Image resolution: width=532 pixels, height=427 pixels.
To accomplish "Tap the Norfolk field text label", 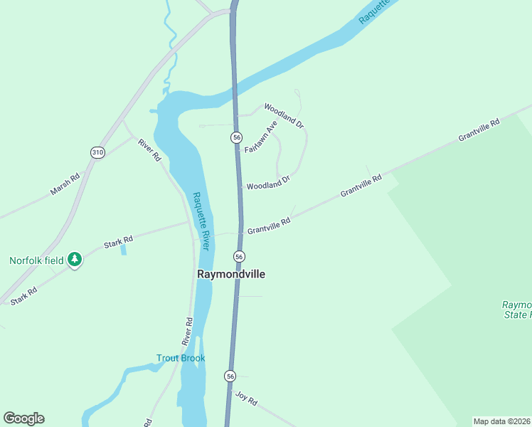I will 36,260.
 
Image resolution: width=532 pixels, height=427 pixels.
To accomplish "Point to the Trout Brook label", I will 181,358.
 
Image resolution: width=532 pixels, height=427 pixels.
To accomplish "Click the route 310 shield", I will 98,152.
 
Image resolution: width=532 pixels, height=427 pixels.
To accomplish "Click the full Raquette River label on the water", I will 201,221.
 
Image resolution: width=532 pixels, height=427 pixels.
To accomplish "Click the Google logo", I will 23,418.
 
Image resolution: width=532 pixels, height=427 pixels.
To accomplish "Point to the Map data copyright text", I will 502,421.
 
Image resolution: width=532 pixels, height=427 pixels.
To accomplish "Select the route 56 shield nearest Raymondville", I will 239,256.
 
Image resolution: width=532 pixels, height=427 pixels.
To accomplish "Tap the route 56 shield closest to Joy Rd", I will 230,375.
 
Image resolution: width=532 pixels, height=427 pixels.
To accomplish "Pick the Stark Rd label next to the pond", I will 119,243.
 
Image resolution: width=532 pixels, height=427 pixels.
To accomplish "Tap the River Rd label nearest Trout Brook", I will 187,332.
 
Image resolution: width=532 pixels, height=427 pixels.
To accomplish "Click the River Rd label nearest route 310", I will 149,149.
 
